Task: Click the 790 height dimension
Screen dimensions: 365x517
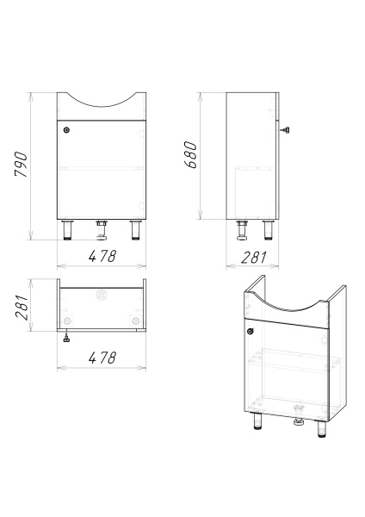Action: point(21,165)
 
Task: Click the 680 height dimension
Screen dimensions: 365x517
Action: point(190,154)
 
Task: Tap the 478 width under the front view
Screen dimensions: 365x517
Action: point(102,256)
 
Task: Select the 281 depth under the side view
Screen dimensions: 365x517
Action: point(253,258)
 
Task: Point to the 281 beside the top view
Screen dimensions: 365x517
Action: point(22,308)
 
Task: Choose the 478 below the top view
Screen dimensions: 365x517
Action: point(102,358)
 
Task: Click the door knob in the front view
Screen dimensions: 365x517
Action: point(67,130)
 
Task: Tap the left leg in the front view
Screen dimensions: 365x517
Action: point(68,230)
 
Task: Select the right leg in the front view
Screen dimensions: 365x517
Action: point(135,230)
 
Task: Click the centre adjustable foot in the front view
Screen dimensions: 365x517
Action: point(102,230)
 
